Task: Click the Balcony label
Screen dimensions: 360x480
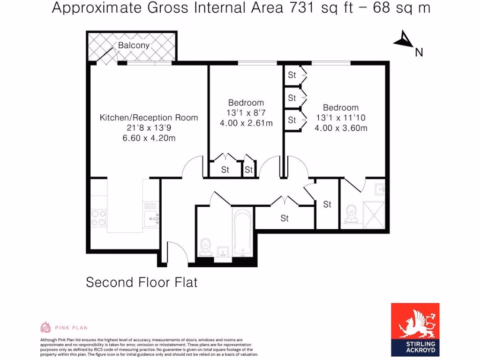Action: pyautogui.click(x=134, y=45)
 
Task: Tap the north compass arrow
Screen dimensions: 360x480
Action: pyautogui.click(x=403, y=40)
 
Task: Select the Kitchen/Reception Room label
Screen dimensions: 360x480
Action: pyautogui.click(x=149, y=118)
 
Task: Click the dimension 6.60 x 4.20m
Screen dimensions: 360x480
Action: pyautogui.click(x=149, y=138)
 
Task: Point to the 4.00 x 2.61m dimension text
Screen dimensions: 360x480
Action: pyautogui.click(x=246, y=123)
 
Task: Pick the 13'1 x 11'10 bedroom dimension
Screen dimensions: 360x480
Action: pyautogui.click(x=341, y=118)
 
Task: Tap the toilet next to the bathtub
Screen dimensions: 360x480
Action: pyautogui.click(x=205, y=246)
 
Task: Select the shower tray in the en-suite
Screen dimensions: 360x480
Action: pyautogui.click(x=374, y=213)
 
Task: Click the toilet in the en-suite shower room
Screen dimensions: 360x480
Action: pyautogui.click(x=350, y=215)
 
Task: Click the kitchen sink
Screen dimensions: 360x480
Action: pyautogui.click(x=151, y=217)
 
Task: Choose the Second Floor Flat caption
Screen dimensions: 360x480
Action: pyautogui.click(x=142, y=283)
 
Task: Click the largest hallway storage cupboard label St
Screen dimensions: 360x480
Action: pyautogui.click(x=285, y=218)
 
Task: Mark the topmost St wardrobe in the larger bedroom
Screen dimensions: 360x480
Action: pyautogui.click(x=292, y=75)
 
